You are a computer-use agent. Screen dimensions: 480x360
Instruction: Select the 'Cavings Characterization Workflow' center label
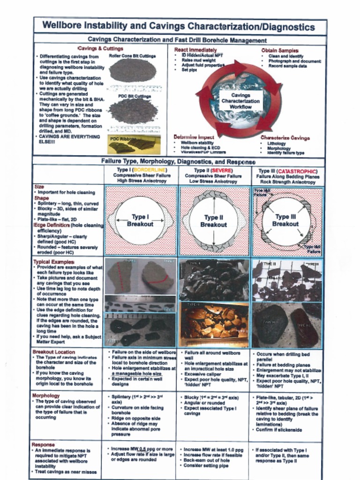tap(240, 101)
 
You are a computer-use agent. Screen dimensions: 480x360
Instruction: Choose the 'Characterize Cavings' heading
tap(285, 138)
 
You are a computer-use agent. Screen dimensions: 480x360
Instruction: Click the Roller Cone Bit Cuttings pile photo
tap(133, 70)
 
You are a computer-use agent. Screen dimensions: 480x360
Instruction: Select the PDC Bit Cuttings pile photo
tap(133, 111)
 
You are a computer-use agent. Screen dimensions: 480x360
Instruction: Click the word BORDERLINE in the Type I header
tap(149, 170)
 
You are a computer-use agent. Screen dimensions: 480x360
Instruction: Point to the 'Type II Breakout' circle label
tap(213, 221)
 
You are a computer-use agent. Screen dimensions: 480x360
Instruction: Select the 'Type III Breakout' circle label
tap(286, 220)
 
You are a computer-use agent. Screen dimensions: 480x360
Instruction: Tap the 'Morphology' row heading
tap(46, 396)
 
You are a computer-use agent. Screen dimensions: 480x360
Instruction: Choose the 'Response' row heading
tap(43, 444)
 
